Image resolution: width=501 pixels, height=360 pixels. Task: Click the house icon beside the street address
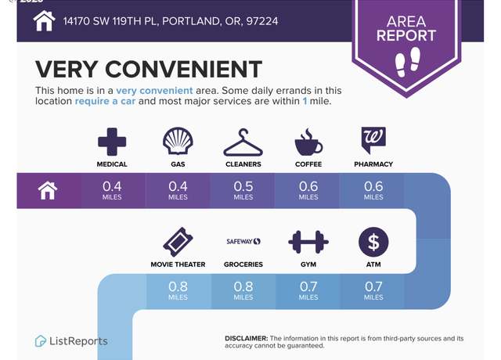tap(44, 21)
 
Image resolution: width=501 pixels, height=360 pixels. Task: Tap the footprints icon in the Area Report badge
tap(408, 62)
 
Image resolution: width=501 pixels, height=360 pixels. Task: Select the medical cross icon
tap(112, 142)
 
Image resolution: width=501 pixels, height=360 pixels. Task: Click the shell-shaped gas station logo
tap(178, 141)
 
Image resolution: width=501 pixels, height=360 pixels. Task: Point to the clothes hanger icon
tap(243, 142)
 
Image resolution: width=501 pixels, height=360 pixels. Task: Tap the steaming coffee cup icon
tap(308, 142)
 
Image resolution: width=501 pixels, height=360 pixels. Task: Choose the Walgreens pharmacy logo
tap(373, 140)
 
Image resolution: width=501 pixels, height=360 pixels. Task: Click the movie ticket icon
tap(178, 242)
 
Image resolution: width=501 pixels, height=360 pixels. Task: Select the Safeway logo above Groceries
tap(243, 242)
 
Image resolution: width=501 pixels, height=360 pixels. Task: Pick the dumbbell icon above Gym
tap(308, 242)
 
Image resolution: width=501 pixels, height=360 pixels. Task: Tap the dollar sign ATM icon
tap(373, 242)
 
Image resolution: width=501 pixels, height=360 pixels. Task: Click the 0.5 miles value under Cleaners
tap(243, 190)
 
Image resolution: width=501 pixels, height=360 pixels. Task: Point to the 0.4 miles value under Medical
tap(112, 190)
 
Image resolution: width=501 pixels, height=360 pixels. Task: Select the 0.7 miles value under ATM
tap(373, 290)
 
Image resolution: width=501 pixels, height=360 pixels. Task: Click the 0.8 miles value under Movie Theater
tap(178, 290)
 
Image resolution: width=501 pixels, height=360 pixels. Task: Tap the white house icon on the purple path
tap(48, 190)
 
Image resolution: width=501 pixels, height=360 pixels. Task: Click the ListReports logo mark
tap(40, 341)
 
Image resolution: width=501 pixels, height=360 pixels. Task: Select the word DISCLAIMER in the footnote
tap(247, 338)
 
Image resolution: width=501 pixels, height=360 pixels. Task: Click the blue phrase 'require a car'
tap(105, 101)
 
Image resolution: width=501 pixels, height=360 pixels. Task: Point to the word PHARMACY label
tap(373, 164)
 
